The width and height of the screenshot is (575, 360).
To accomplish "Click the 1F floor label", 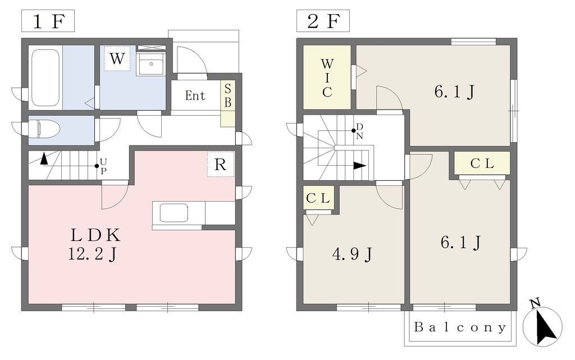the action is (48, 21).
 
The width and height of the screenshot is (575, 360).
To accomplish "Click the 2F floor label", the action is (323, 21).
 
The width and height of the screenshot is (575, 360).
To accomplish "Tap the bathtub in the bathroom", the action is (45, 78).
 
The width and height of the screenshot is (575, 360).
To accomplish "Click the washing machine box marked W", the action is (117, 58).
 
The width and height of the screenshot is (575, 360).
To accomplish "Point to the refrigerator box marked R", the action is (220, 164).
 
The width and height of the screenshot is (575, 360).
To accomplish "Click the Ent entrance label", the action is (195, 95).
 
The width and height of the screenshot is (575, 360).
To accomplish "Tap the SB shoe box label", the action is (228, 95).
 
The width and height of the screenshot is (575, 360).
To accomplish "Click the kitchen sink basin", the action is (174, 213).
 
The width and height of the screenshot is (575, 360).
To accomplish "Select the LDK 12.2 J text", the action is (94, 244).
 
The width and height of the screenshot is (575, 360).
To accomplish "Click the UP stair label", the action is (103, 166).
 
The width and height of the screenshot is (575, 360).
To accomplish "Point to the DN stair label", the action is (359, 131).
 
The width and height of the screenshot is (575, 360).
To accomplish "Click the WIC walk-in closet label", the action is (327, 78).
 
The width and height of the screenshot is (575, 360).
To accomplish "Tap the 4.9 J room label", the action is (352, 254).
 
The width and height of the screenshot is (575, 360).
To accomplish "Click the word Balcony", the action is (460, 327).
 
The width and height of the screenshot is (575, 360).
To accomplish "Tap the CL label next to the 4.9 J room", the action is (318, 198).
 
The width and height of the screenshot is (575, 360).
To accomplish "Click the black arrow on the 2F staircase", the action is (360, 166).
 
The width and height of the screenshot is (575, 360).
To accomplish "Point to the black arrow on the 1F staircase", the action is (44, 158).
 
